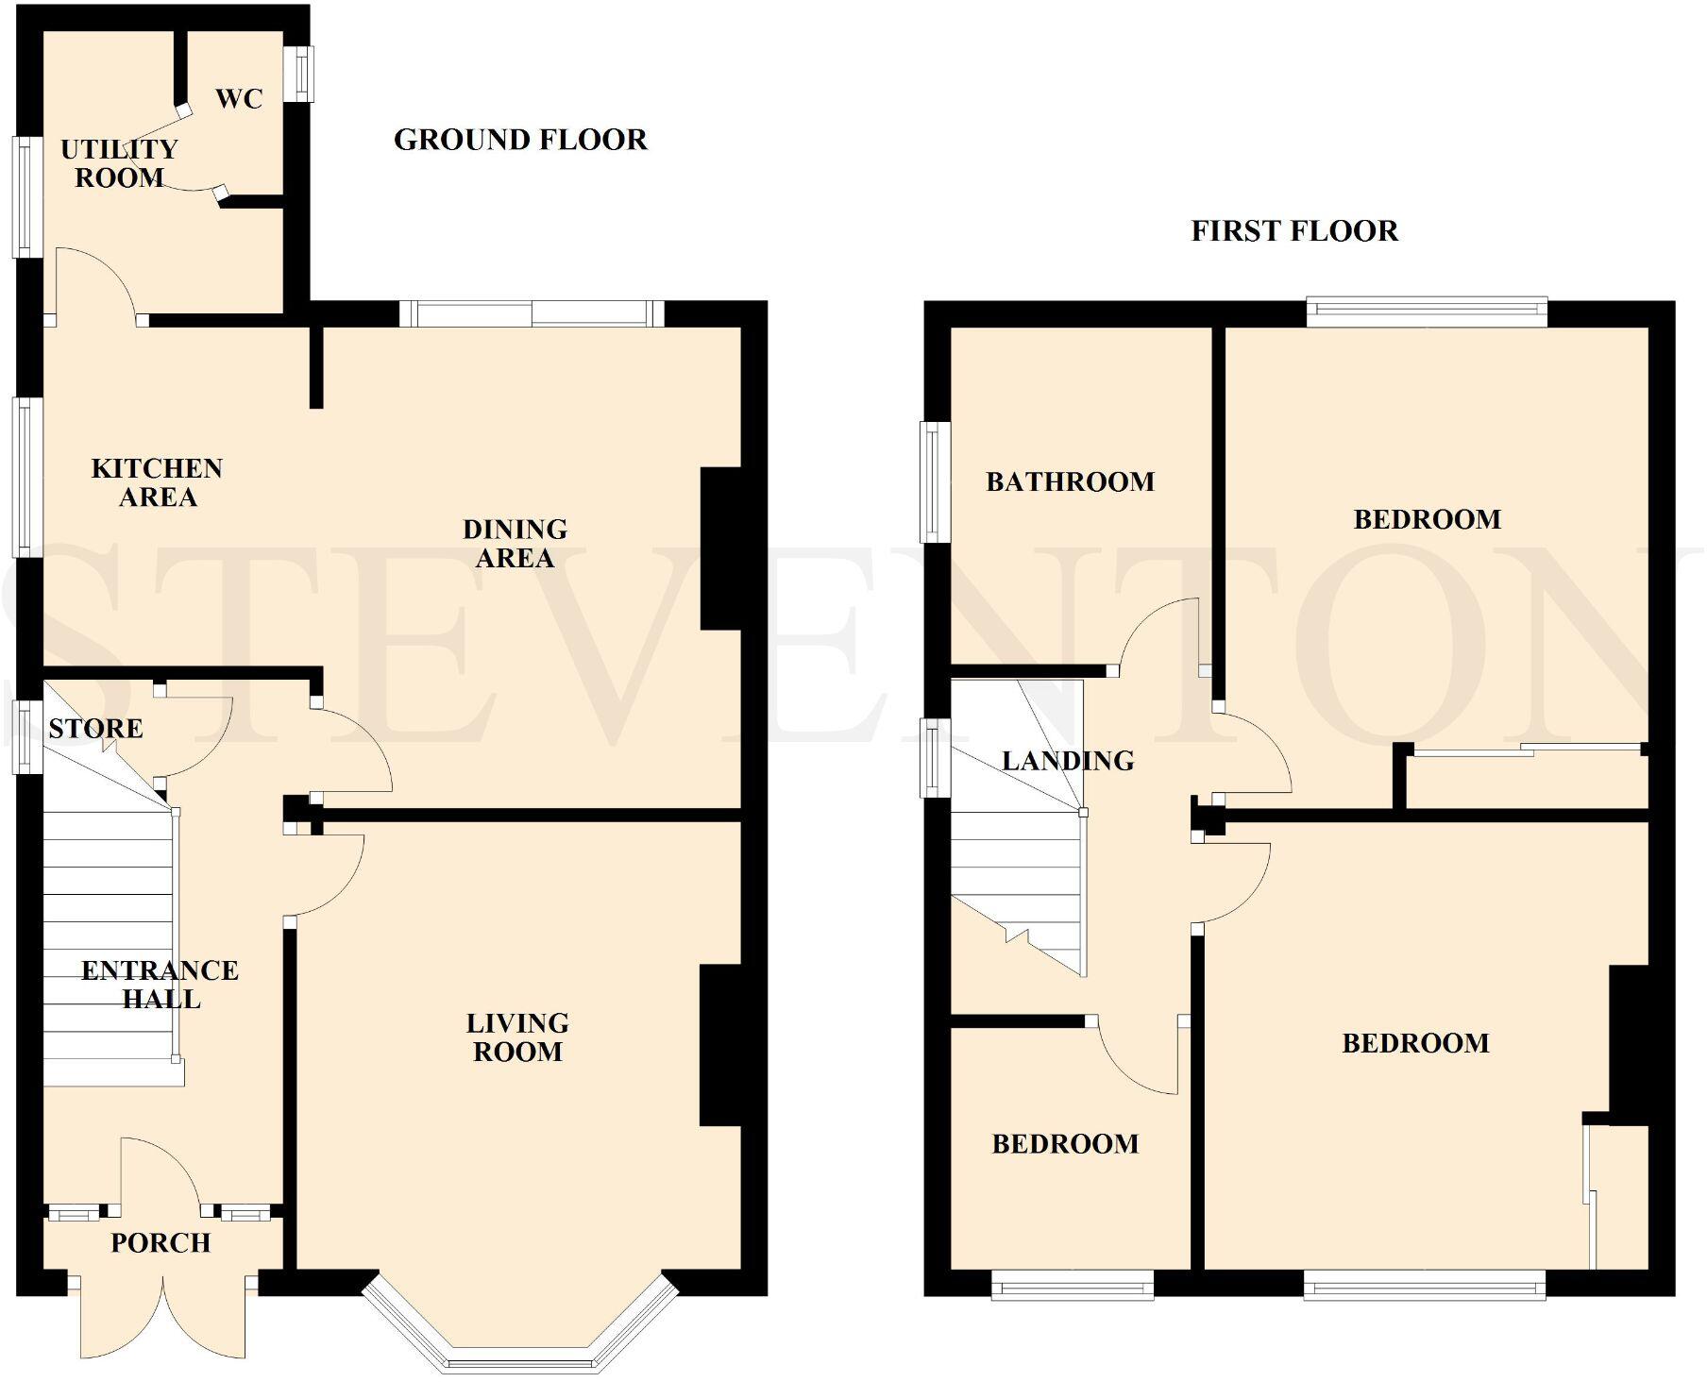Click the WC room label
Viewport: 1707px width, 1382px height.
[239, 98]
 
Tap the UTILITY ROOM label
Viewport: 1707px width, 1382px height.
[119, 163]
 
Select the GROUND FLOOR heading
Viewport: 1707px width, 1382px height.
[520, 140]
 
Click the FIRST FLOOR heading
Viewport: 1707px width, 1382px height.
[1293, 230]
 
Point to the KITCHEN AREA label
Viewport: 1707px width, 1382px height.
[158, 482]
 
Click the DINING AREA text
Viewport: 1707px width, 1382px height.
[515, 543]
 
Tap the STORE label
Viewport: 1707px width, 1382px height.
[95, 728]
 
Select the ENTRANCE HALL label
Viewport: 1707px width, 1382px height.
[160, 985]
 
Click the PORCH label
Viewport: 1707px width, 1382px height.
[161, 1242]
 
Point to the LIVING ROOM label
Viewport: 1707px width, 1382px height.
[517, 1036]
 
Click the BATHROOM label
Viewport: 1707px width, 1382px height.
[1070, 481]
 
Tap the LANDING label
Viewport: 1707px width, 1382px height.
[1067, 760]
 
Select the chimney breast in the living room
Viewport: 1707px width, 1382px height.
[719, 1045]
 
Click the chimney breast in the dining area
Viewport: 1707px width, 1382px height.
[719, 548]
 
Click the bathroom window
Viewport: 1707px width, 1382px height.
[935, 481]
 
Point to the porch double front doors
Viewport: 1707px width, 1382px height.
[162, 1322]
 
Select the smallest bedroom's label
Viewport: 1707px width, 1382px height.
[1065, 1143]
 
